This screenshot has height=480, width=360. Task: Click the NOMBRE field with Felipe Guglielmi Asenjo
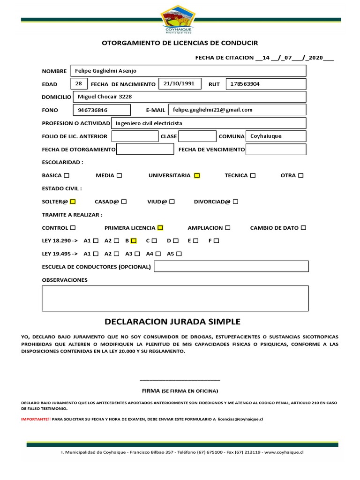point(188,71)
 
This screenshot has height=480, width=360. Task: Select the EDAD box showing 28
point(79,84)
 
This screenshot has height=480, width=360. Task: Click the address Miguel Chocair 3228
point(189,97)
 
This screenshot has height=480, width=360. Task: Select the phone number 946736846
point(101,110)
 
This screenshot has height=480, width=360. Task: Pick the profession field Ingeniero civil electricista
point(208,123)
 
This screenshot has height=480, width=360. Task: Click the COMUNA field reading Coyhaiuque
point(276,136)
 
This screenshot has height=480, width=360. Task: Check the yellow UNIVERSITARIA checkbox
point(197,175)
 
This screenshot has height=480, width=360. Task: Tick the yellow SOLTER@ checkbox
point(73,202)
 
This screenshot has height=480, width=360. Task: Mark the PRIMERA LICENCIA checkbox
point(160,228)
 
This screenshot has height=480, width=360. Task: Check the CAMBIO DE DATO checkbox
point(303,228)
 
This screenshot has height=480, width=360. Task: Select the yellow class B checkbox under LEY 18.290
point(134,241)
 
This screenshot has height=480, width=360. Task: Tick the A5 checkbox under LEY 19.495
point(179,254)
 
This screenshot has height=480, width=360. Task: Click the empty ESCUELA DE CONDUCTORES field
point(231,267)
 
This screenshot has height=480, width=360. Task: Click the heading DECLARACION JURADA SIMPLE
point(172,322)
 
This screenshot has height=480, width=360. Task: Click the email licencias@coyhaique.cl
point(240,419)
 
